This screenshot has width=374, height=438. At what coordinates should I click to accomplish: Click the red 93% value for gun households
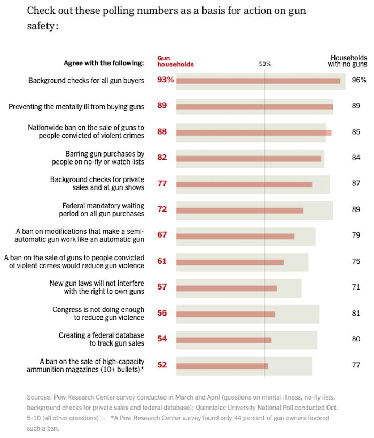click(166, 80)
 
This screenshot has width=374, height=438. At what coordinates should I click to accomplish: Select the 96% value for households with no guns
click(359, 80)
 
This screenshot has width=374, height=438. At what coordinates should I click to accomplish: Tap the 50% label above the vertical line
click(264, 64)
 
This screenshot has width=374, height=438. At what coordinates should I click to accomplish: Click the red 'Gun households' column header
click(175, 61)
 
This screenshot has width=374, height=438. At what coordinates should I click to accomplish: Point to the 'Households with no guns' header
click(348, 60)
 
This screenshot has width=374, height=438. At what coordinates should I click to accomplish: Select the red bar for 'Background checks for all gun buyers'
click(258, 81)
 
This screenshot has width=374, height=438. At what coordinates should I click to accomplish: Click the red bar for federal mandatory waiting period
click(239, 210)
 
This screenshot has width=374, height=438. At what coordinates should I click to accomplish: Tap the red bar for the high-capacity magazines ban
click(222, 366)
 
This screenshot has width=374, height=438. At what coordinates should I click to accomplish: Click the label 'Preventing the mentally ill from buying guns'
click(76, 106)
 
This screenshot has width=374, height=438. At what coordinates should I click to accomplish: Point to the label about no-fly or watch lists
click(98, 158)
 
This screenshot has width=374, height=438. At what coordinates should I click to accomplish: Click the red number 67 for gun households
click(162, 235)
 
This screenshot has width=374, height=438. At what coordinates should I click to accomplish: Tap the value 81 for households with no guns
click(356, 313)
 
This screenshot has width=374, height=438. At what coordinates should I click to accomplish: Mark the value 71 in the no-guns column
click(356, 287)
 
